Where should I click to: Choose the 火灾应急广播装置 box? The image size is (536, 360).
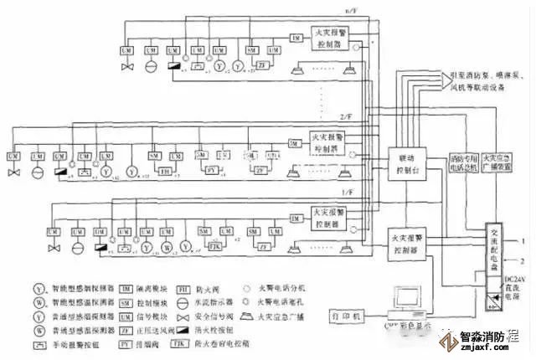point(497,162)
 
